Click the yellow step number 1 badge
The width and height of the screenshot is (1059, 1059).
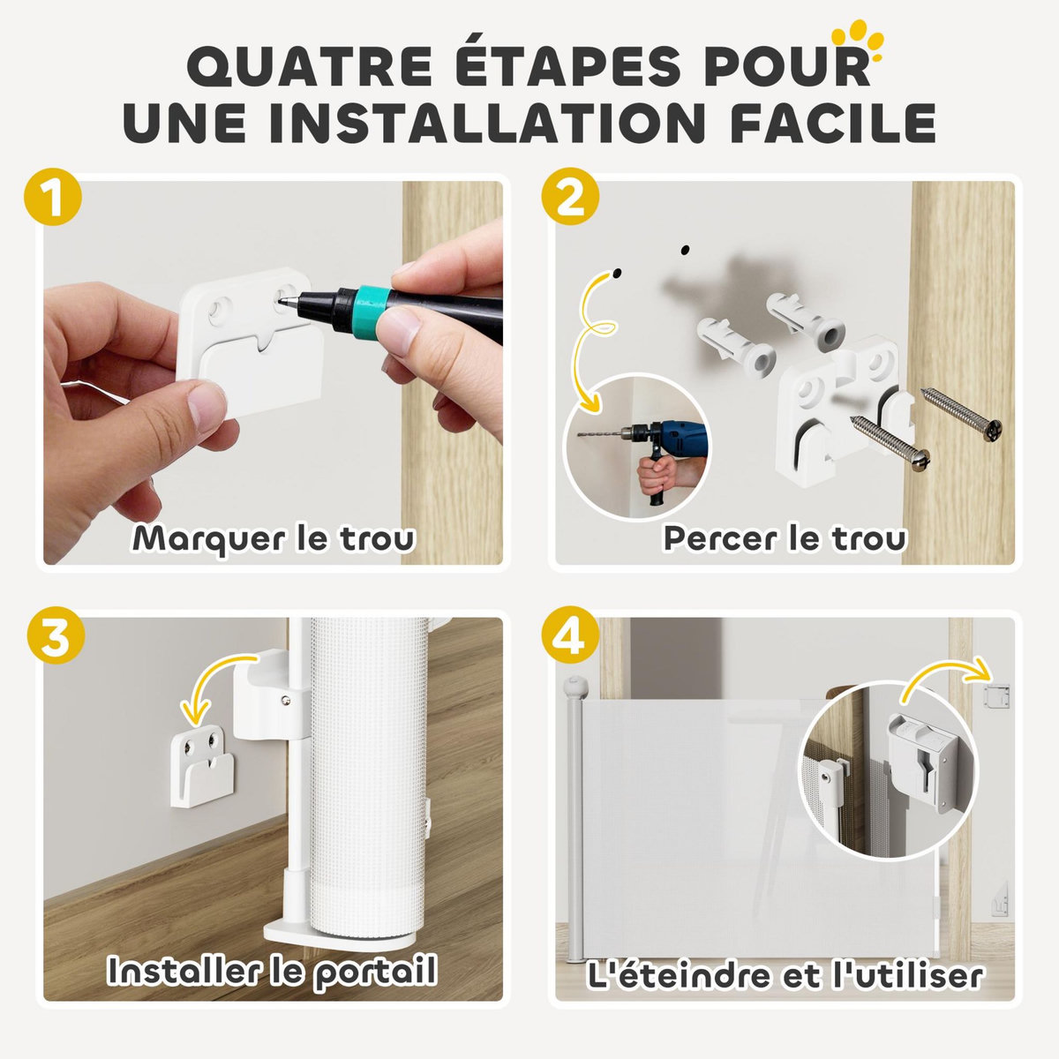[54, 199]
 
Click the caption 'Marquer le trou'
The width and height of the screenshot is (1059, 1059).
[274, 538]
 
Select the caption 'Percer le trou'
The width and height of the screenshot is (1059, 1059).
[785, 538]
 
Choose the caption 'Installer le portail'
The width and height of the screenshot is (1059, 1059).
[272, 972]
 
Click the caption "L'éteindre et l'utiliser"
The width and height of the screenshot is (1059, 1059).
[785, 976]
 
